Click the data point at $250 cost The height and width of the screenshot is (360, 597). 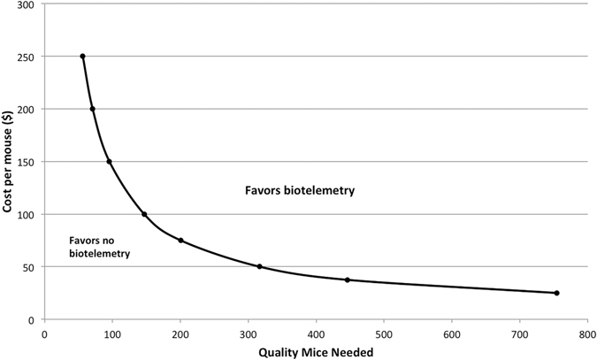[x=82, y=57]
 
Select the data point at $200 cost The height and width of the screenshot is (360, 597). [x=92, y=109]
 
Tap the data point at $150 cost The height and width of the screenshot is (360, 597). [x=109, y=162]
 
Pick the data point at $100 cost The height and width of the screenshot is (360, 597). [x=144, y=214]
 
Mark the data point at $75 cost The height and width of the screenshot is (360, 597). [x=180, y=241]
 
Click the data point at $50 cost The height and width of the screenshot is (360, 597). [x=259, y=266]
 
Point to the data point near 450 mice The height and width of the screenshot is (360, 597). [x=348, y=280]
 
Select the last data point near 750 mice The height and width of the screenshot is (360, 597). [x=556, y=293]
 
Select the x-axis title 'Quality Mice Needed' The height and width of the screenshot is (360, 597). [x=316, y=350]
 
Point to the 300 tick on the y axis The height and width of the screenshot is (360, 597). [x=27, y=4]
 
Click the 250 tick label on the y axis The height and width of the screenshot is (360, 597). [x=27, y=57]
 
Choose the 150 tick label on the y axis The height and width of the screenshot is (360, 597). [x=27, y=162]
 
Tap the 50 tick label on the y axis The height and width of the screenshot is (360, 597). [x=29, y=267]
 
